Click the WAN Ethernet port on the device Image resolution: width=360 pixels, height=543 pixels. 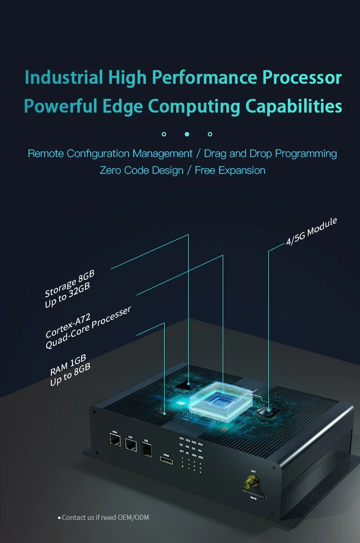[x=115, y=440]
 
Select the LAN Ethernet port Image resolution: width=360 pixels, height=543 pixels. [x=131, y=445]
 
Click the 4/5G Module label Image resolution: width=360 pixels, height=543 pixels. [x=312, y=232]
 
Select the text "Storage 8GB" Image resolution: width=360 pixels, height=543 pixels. [x=70, y=283]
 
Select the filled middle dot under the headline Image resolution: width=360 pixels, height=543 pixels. [x=187, y=134]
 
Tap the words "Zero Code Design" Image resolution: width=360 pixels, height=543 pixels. [x=142, y=170]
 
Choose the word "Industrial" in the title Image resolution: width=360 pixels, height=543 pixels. [x=64, y=77]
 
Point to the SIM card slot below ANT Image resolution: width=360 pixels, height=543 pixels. [x=253, y=494]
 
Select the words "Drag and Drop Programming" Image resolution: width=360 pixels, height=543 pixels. [x=270, y=154]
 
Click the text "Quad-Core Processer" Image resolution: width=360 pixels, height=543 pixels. [x=88, y=328]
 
